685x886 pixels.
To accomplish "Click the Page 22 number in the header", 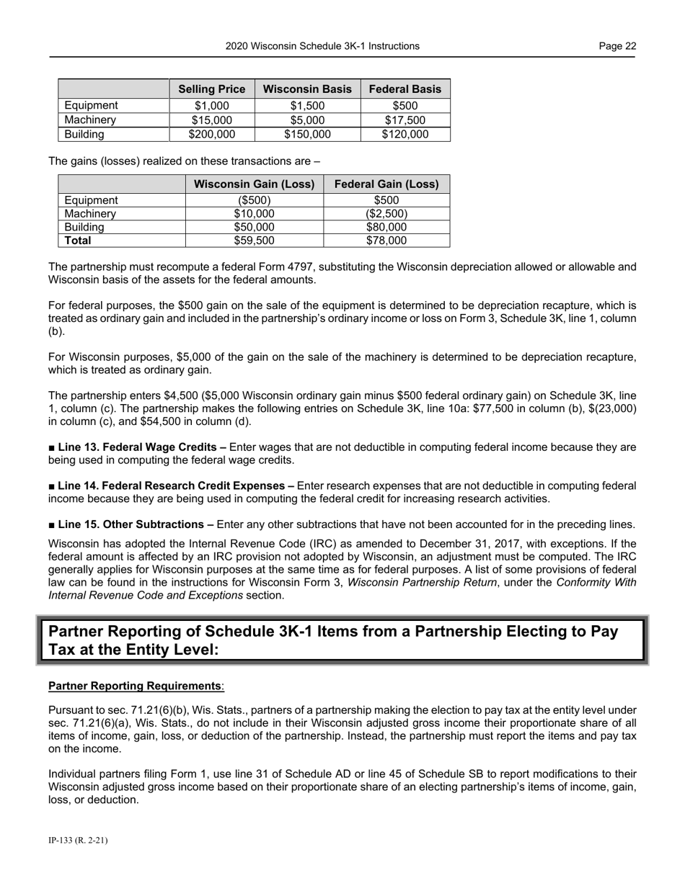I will pos(617,46).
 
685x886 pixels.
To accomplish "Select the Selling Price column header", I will pos(212,89).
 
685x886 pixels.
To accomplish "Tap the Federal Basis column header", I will pos(405,89).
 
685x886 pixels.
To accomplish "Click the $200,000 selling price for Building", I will pos(212,134).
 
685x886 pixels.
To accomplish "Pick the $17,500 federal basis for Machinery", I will pos(405,120).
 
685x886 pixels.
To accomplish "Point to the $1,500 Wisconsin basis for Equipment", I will pos(308,106).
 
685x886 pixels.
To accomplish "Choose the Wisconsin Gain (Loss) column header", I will pos(255,184).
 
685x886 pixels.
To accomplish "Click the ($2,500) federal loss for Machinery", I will pos(386,214).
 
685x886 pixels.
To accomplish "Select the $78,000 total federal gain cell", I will pos(386,241).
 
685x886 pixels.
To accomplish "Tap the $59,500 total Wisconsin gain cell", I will pos(255,241).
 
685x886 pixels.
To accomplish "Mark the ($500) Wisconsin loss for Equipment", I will pos(255,200).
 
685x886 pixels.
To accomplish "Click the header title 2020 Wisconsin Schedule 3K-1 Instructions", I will pos(322,46).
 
